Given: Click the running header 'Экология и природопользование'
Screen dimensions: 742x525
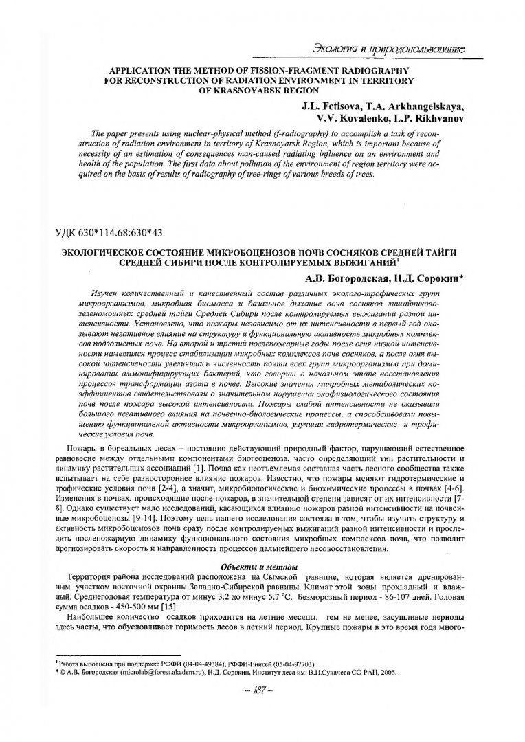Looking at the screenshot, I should tap(389, 49).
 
